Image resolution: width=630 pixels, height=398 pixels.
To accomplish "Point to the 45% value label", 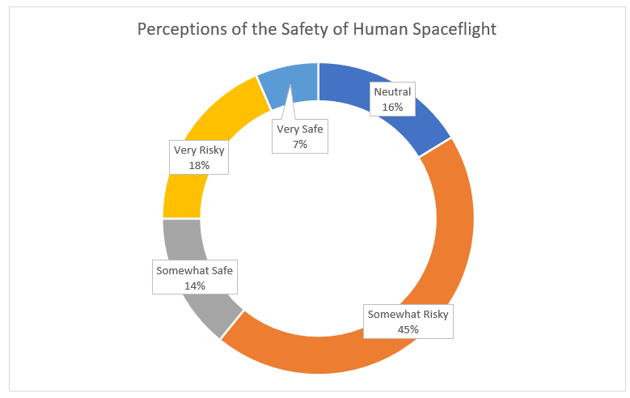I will [x=408, y=328].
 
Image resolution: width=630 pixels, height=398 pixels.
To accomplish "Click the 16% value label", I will [x=392, y=107].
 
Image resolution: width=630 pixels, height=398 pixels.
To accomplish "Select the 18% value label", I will [x=199, y=165].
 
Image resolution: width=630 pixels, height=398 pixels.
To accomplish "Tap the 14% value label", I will [x=195, y=286].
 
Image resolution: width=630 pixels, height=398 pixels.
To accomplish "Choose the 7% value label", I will [x=300, y=144].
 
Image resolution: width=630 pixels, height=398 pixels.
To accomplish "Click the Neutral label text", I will [x=392, y=91].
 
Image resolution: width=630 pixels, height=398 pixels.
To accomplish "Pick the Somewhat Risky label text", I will [x=408, y=314].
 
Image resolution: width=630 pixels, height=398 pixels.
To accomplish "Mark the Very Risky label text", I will [x=199, y=150].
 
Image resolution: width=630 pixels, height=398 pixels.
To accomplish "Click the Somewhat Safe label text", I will [x=195, y=270].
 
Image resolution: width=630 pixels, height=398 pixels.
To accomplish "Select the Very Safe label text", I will [x=300, y=129].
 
